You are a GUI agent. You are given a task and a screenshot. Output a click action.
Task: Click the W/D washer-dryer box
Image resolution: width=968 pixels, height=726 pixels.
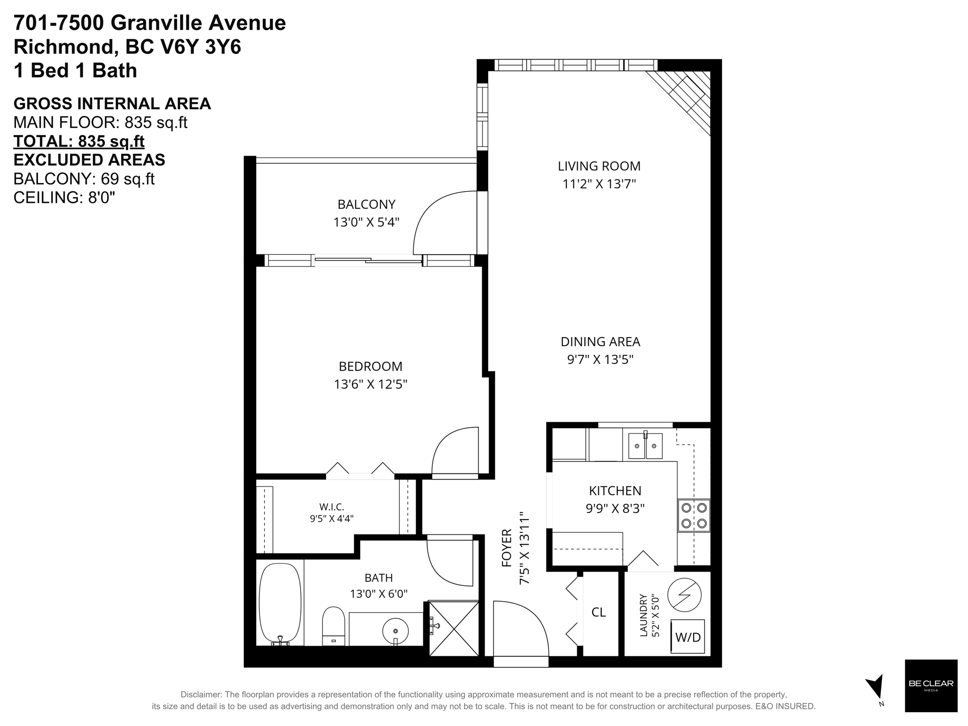687,636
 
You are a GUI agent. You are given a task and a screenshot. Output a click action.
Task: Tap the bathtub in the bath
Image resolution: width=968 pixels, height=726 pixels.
280,604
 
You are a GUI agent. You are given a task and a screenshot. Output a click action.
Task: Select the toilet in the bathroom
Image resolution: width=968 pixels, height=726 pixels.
334,626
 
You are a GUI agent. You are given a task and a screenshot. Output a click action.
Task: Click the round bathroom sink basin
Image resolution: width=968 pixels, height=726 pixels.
396,631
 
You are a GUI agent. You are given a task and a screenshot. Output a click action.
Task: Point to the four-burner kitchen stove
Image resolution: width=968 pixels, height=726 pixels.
694,516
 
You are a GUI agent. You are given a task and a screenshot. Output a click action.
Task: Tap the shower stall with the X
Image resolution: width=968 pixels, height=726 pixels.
454,628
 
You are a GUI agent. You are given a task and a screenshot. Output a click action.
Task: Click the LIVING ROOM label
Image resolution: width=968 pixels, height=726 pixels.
599,166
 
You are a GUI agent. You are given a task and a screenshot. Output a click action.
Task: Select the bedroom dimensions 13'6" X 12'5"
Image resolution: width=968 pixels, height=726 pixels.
371,384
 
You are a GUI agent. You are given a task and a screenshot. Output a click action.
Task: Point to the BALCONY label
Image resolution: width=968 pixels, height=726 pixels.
366,204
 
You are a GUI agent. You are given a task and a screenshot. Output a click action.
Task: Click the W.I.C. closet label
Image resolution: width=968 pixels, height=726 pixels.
331,507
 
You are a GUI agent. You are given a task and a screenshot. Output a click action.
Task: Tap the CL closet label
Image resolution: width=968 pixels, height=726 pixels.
598,612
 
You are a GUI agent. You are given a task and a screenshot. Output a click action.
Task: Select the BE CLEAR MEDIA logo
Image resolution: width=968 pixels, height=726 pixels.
931,685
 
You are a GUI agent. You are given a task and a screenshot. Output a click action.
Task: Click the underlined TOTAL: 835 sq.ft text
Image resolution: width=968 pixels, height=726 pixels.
79,141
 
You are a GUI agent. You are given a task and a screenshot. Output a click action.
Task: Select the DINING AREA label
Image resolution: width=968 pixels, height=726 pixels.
600,341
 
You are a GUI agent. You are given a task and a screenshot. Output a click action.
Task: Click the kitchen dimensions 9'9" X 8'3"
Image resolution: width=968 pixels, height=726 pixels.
615,509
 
